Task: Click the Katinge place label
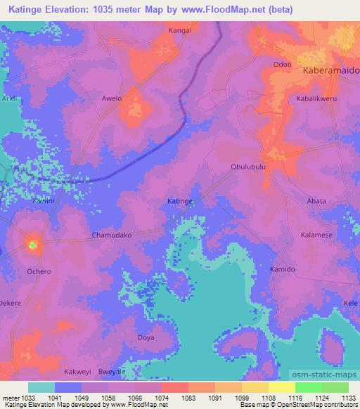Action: (180, 201)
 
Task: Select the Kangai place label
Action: (181, 31)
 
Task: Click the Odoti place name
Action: (282, 65)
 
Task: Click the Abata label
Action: (316, 201)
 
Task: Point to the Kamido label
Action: (283, 269)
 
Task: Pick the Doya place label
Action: (146, 337)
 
